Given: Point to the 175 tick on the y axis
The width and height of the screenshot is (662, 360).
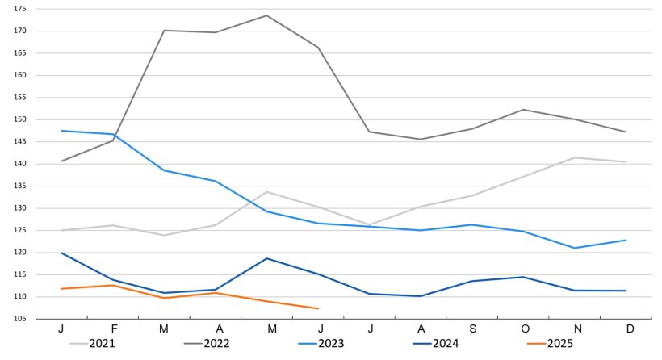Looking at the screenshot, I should (20, 9).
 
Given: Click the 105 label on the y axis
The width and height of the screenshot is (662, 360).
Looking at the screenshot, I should (20, 319).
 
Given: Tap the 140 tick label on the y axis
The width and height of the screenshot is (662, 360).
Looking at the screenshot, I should (20, 164).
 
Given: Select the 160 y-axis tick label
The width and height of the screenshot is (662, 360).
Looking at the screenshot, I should (20, 75).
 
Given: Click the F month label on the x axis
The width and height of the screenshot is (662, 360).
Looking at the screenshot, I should (113, 330).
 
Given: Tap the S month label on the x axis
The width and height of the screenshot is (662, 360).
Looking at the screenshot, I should (471, 330).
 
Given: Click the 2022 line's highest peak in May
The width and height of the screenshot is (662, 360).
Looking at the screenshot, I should (266, 15).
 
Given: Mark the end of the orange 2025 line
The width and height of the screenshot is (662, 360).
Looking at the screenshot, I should (318, 308).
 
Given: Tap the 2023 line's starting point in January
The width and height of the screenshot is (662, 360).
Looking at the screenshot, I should (61, 131).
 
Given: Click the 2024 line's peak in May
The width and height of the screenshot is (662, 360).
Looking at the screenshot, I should (266, 258).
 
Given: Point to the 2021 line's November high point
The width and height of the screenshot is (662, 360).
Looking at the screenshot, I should (574, 157).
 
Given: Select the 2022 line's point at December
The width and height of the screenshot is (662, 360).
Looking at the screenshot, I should (626, 132).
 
